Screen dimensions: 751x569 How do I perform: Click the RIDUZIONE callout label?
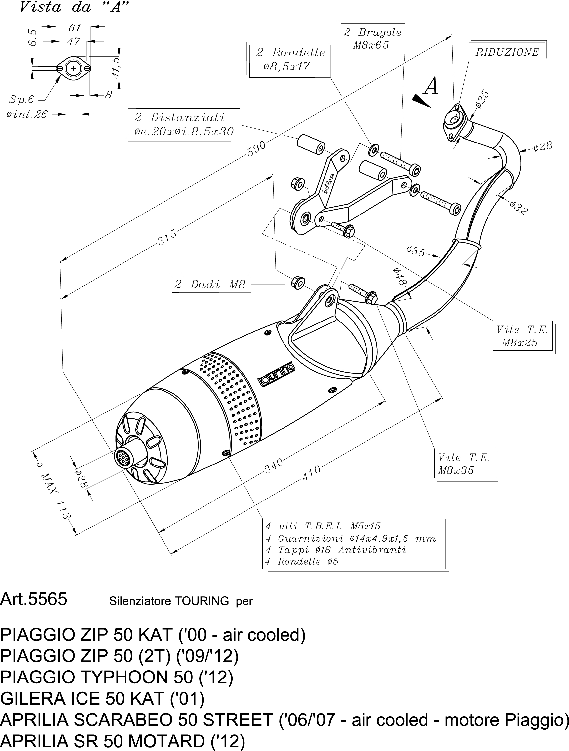coord(507,52)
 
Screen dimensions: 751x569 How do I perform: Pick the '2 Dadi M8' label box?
coord(210,284)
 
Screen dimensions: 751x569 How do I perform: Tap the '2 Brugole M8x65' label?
coord(372,39)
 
